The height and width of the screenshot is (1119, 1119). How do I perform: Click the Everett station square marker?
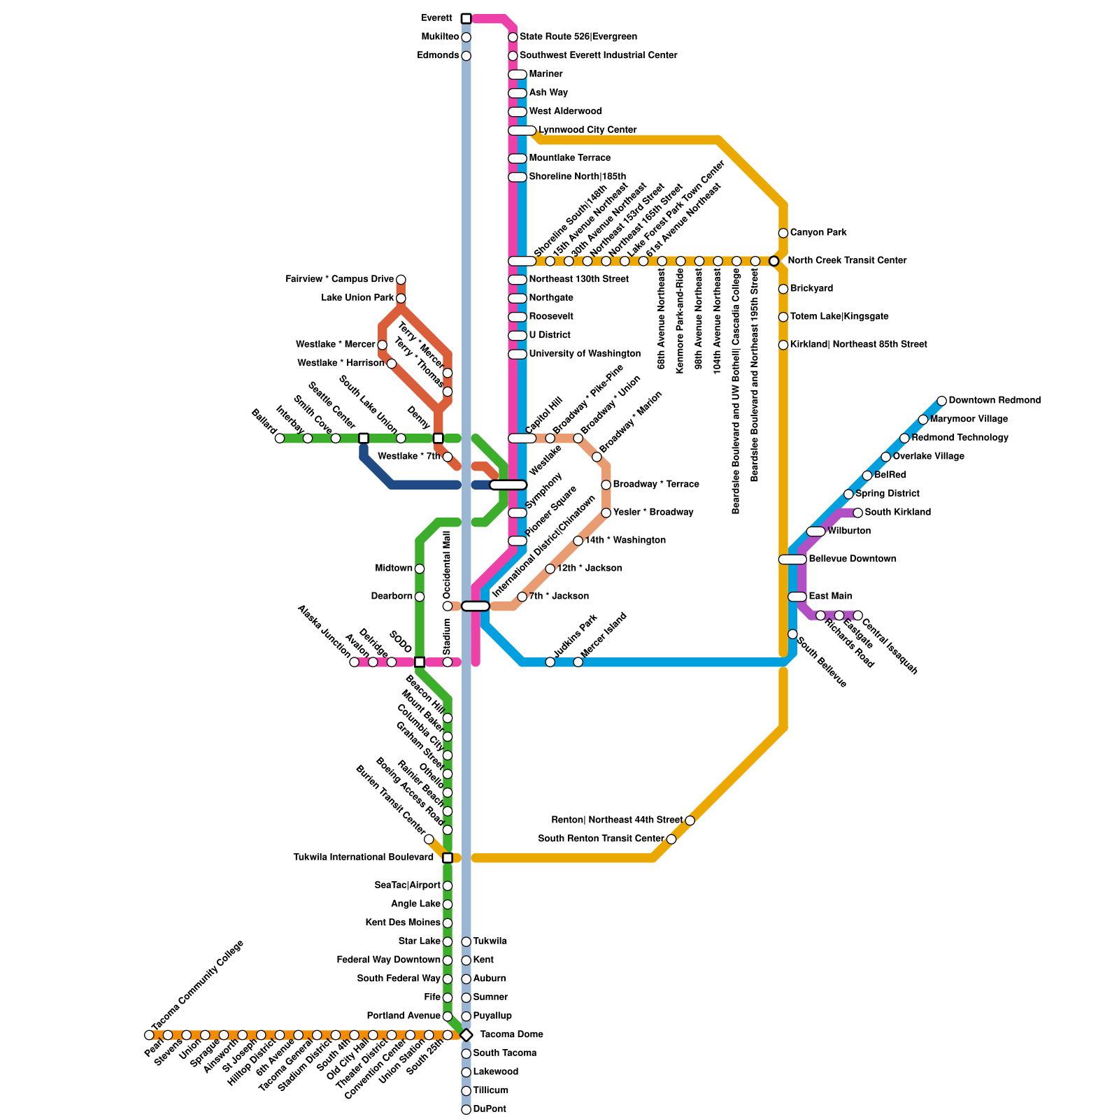(x=466, y=18)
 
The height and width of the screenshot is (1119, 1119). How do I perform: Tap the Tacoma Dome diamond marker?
(x=466, y=1035)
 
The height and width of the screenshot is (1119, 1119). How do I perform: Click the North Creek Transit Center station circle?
(x=774, y=261)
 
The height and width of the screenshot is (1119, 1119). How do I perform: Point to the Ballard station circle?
(x=280, y=439)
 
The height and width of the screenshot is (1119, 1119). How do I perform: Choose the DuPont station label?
(x=490, y=1109)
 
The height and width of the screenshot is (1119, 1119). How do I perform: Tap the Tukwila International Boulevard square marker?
(x=448, y=857)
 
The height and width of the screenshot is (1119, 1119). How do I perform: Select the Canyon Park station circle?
(x=783, y=233)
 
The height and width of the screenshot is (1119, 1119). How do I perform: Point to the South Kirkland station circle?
(x=857, y=513)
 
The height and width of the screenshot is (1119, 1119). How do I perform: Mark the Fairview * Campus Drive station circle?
(x=401, y=280)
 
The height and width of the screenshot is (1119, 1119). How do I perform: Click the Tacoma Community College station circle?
(x=149, y=1035)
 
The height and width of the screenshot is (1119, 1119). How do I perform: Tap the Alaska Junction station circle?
(x=354, y=662)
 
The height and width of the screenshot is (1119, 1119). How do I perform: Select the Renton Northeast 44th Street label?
(x=617, y=820)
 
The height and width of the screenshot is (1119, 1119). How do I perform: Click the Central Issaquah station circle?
(x=857, y=615)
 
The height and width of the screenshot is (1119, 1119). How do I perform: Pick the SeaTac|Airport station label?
(x=408, y=885)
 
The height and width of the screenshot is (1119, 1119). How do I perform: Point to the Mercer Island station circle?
(x=578, y=662)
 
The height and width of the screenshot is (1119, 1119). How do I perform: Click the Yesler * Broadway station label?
(x=653, y=513)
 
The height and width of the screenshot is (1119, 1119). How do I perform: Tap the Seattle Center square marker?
(x=364, y=439)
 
